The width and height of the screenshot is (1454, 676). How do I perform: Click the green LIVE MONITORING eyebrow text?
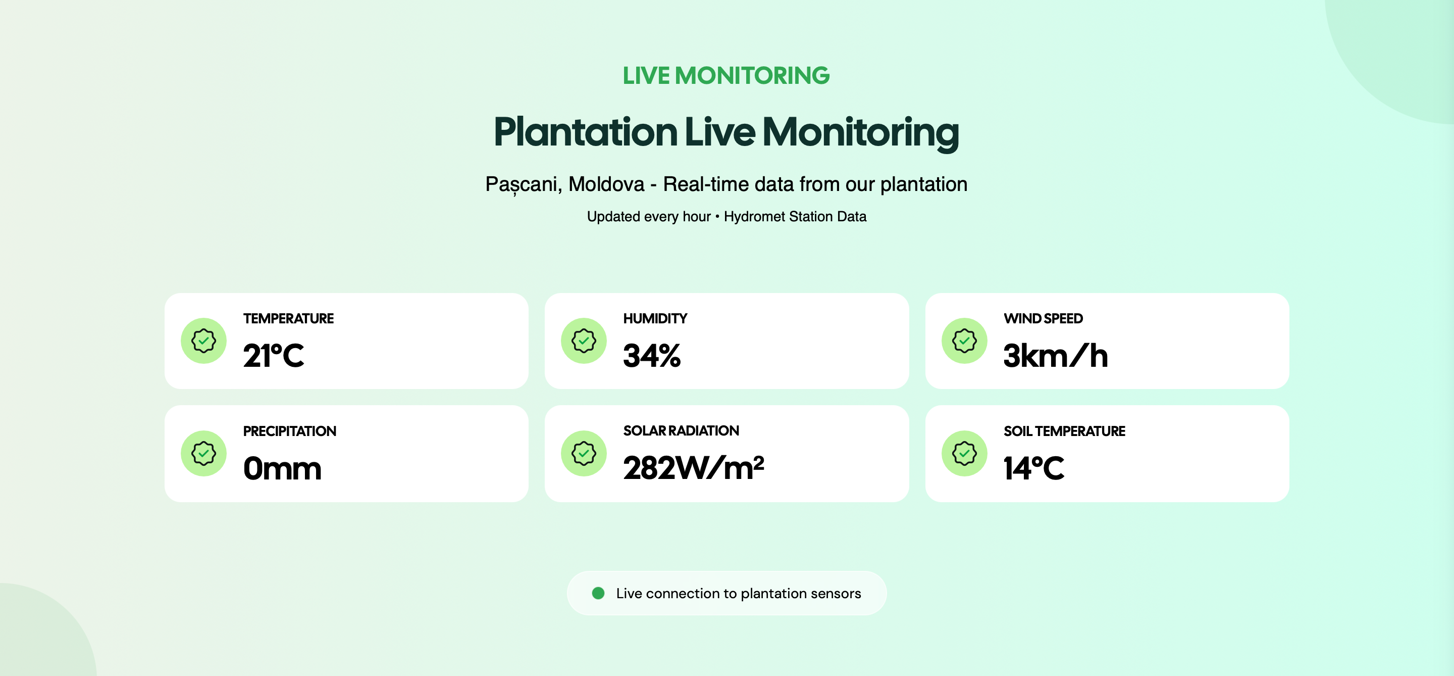pyautogui.click(x=726, y=76)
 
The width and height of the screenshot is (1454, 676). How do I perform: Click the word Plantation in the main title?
pyautogui.click(x=585, y=132)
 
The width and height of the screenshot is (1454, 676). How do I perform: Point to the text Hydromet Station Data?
pyautogui.click(x=795, y=216)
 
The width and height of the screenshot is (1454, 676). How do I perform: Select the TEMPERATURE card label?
pyautogui.click(x=288, y=318)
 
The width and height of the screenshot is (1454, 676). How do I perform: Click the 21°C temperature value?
pyautogui.click(x=274, y=356)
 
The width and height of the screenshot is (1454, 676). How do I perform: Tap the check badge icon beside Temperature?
pyautogui.click(x=204, y=341)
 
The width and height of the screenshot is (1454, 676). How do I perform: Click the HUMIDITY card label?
pyautogui.click(x=655, y=318)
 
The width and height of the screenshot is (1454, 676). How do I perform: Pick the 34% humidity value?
pyautogui.click(x=652, y=356)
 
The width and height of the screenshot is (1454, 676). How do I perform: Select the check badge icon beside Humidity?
pyautogui.click(x=584, y=341)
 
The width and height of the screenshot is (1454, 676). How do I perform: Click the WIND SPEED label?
pyautogui.click(x=1043, y=318)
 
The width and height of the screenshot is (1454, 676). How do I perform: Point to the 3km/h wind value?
pyautogui.click(x=1056, y=356)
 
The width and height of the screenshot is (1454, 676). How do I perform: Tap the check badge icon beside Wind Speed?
pyautogui.click(x=965, y=341)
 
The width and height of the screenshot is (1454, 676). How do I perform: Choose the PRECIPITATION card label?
pyautogui.click(x=290, y=431)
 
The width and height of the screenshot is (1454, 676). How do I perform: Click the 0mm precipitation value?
pyautogui.click(x=282, y=469)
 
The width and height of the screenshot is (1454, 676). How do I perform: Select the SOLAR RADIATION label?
pyautogui.click(x=681, y=431)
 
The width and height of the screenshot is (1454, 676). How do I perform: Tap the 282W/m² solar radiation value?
pyautogui.click(x=694, y=468)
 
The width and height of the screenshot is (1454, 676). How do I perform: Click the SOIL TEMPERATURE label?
pyautogui.click(x=1064, y=431)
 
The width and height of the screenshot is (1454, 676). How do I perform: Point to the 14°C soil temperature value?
pyautogui.click(x=1034, y=469)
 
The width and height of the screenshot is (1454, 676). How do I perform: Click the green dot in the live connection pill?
pyautogui.click(x=598, y=593)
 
